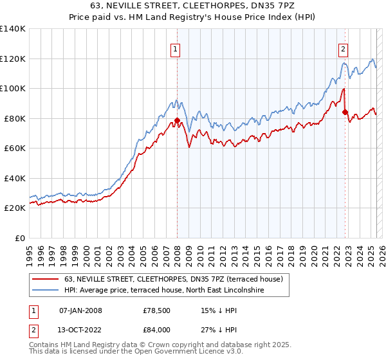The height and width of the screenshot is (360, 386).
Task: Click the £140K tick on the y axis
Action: (13, 29)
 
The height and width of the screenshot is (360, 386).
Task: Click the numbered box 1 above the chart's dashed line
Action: (175, 48)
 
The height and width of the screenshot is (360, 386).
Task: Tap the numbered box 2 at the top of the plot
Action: (344, 48)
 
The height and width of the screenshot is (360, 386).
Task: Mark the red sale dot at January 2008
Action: (177, 120)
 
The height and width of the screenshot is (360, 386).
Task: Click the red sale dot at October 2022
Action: (345, 112)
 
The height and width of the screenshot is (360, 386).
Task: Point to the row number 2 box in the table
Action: (32, 328)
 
